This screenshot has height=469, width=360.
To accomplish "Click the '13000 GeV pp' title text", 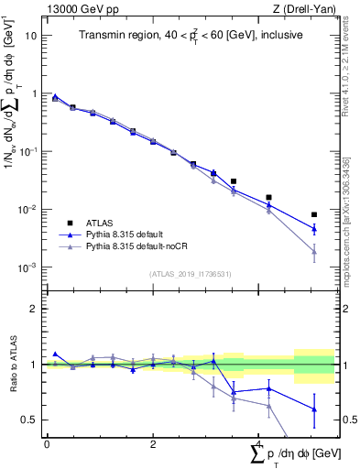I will coord(80,7).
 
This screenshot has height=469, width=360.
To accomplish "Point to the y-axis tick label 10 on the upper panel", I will coord(30,36).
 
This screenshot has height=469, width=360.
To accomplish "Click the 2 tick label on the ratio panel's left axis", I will coord(34,309).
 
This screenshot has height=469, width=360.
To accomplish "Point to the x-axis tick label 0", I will coord(47,443).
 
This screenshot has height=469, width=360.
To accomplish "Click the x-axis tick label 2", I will coord(152,443).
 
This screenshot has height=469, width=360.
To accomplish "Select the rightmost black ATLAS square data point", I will coord(314,214).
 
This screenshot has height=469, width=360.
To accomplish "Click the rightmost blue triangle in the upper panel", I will coord(314,229).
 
